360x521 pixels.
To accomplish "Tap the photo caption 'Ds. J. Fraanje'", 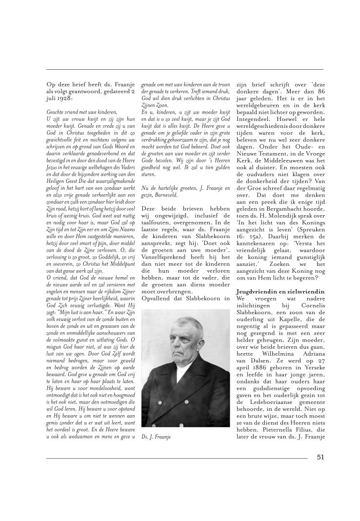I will click(159, 437).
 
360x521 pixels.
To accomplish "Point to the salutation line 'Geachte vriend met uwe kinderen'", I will click(79, 112).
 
